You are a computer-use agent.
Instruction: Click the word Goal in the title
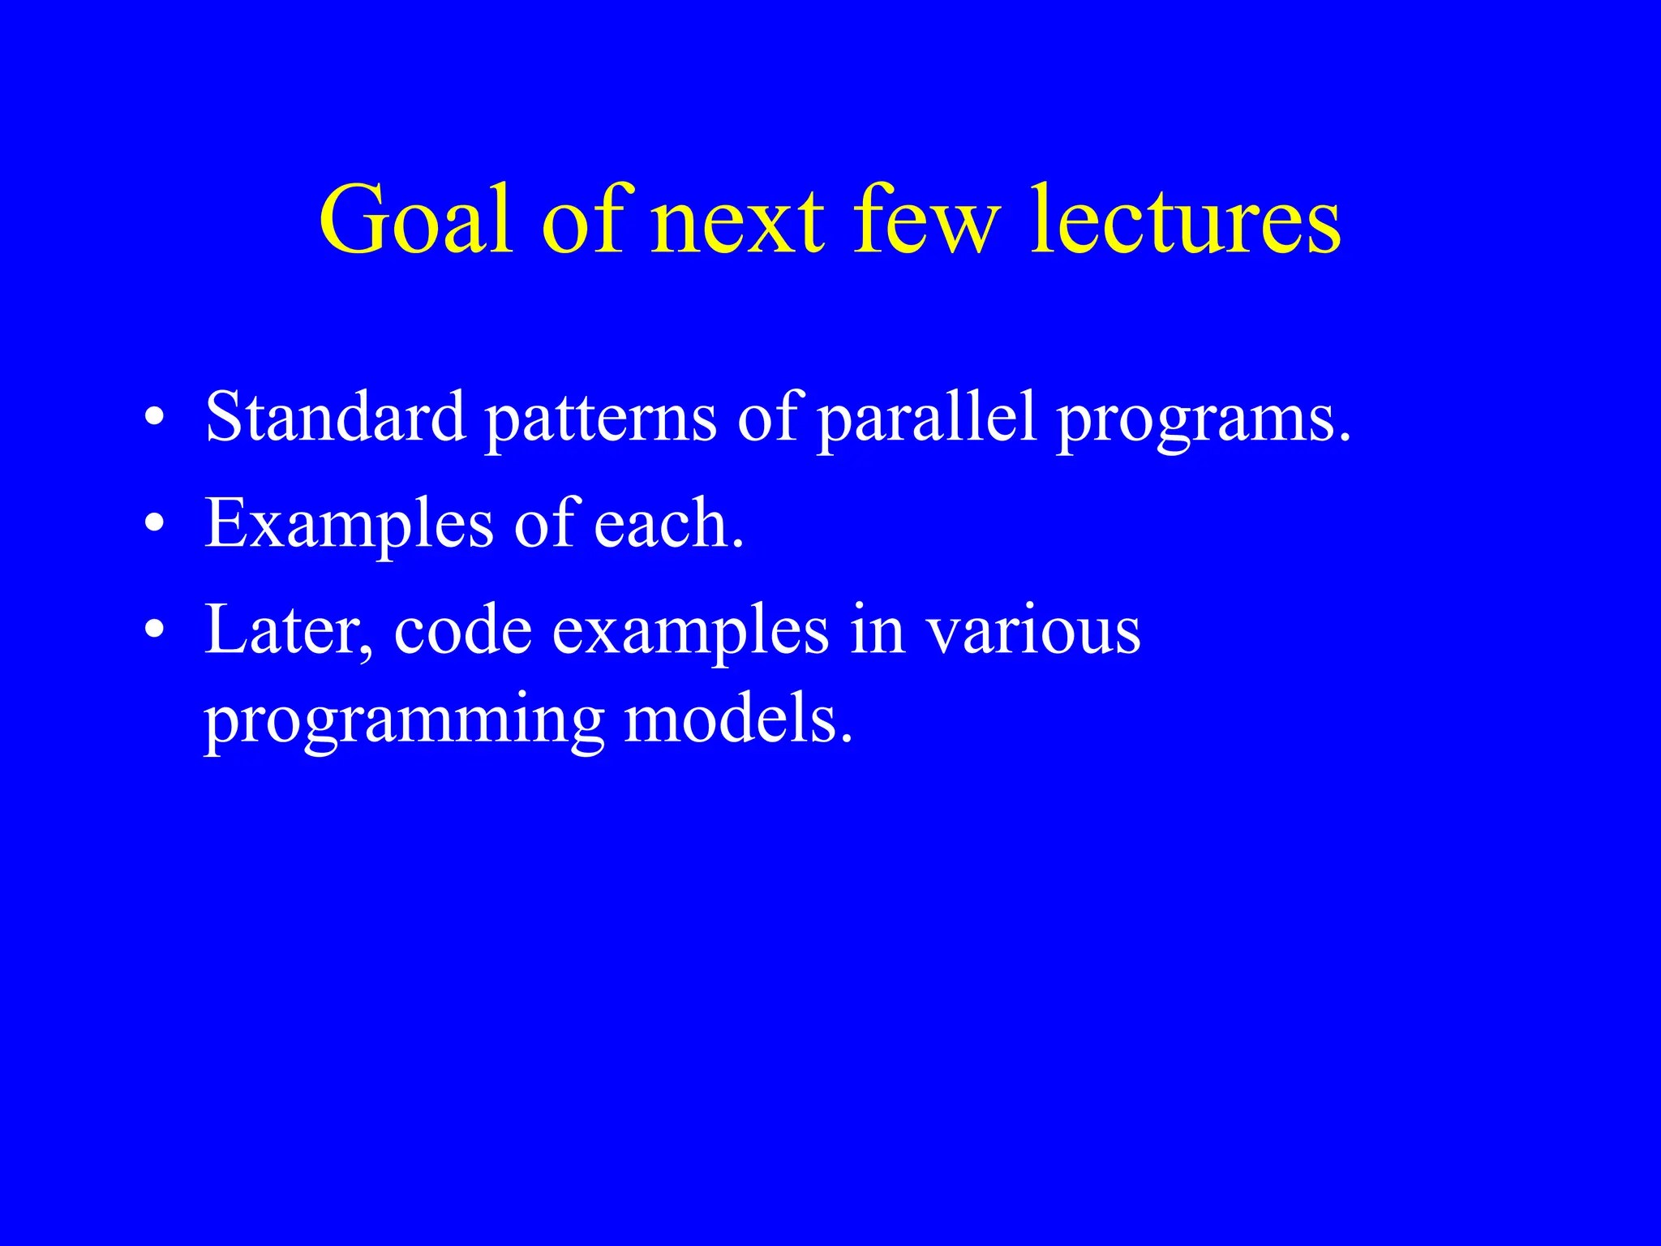pyautogui.click(x=416, y=221)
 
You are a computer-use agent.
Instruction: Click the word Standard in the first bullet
pyautogui.click(x=335, y=417)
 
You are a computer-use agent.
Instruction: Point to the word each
pyautogui.click(x=667, y=524)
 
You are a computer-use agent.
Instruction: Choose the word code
pyautogui.click(x=462, y=631)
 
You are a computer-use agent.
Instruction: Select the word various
pyautogui.click(x=1034, y=631)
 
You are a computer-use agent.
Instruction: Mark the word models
pyautogui.click(x=738, y=720)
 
